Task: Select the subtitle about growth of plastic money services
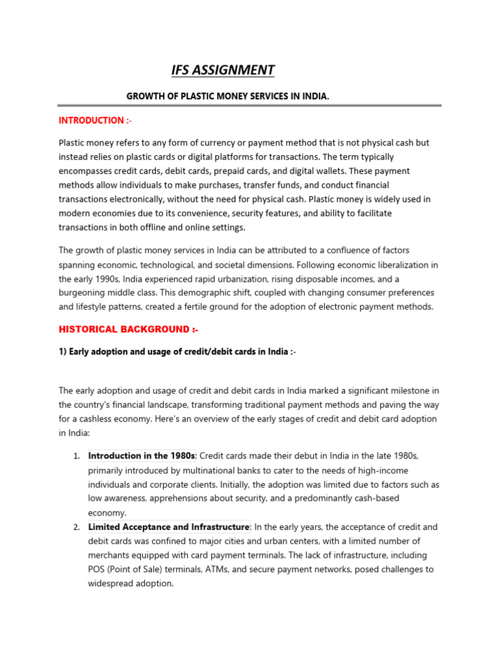[x=227, y=96]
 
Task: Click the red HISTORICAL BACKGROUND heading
[x=128, y=329]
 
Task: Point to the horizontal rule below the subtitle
[x=249, y=105]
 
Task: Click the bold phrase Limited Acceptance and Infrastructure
[x=169, y=527]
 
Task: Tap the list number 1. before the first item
[x=76, y=456]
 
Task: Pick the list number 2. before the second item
[x=76, y=527]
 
